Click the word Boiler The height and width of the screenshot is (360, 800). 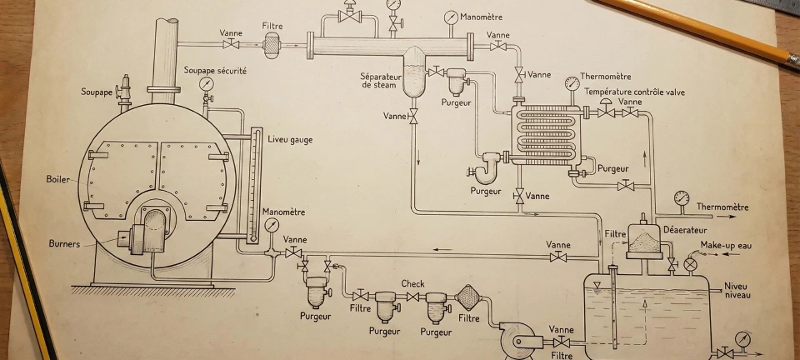tap(58, 179)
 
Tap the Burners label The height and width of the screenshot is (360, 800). tap(64, 244)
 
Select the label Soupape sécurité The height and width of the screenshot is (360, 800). tap(215, 71)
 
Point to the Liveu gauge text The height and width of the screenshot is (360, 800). tap(290, 139)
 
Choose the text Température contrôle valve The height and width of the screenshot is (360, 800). tap(634, 92)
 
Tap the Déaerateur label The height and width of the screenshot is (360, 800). tap(685, 229)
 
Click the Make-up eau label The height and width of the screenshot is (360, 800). tap(726, 245)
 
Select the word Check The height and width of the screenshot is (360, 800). tap(412, 283)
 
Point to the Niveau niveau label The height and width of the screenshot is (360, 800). tap(737, 290)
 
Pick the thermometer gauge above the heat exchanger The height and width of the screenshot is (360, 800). tap(572, 83)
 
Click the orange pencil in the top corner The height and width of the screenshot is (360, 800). tap(700, 29)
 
